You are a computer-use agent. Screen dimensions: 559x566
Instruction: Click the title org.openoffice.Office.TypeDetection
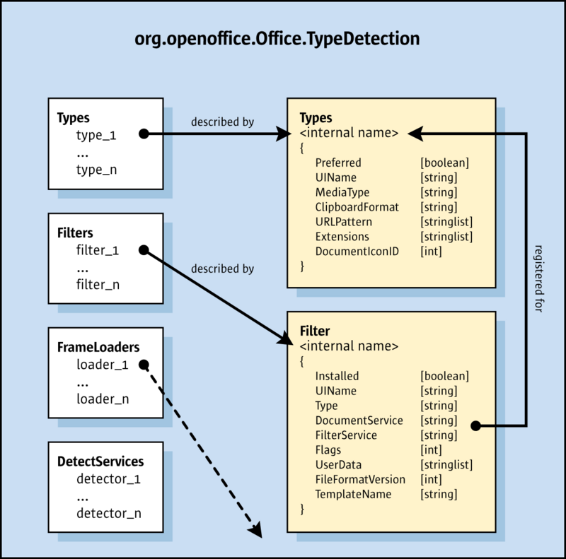pyautogui.click(x=277, y=38)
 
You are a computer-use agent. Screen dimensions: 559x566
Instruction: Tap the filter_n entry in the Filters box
pyautogui.click(x=98, y=284)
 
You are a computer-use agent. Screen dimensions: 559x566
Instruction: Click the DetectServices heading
pyautogui.click(x=100, y=461)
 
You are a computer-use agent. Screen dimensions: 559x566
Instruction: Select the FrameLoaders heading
pyautogui.click(x=98, y=347)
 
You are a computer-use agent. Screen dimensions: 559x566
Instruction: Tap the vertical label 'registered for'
pyautogui.click(x=540, y=279)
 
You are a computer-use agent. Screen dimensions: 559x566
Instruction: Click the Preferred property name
pyautogui.click(x=338, y=163)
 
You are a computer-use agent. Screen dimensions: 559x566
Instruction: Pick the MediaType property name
pyautogui.click(x=342, y=192)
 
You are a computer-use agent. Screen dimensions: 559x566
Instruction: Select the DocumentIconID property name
pyautogui.click(x=357, y=251)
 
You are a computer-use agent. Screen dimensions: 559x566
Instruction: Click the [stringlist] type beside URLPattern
pyautogui.click(x=446, y=222)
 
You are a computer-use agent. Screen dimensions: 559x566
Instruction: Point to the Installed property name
pyautogui.click(x=337, y=376)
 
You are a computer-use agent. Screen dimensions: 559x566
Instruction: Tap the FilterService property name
pyautogui.click(x=346, y=435)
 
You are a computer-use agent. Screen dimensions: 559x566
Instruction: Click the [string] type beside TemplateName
pyautogui.click(x=439, y=494)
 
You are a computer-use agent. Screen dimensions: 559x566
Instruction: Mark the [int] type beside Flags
pyautogui.click(x=431, y=450)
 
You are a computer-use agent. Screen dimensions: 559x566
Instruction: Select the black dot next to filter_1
pyautogui.click(x=143, y=250)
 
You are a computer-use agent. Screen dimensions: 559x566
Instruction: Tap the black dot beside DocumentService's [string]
pyautogui.click(x=475, y=425)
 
